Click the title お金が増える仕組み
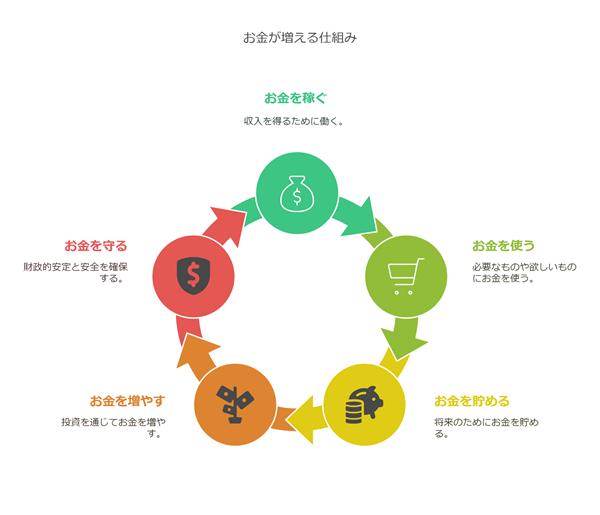pos(300,38)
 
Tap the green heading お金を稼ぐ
pos(295,98)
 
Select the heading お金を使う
pos(503,246)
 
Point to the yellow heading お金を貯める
pos(472,401)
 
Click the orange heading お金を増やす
pos(127,401)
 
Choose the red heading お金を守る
pos(96,246)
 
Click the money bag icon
pos(297,194)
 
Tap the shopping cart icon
pos(406,276)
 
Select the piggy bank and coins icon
pos(364,405)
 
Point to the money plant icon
pos(235,404)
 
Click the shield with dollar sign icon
pos(194,276)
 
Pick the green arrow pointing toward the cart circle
pos(356,217)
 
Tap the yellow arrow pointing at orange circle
pos(306,420)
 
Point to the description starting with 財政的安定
pos(75,272)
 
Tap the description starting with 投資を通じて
pos(114,428)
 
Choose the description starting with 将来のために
pos(486,428)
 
